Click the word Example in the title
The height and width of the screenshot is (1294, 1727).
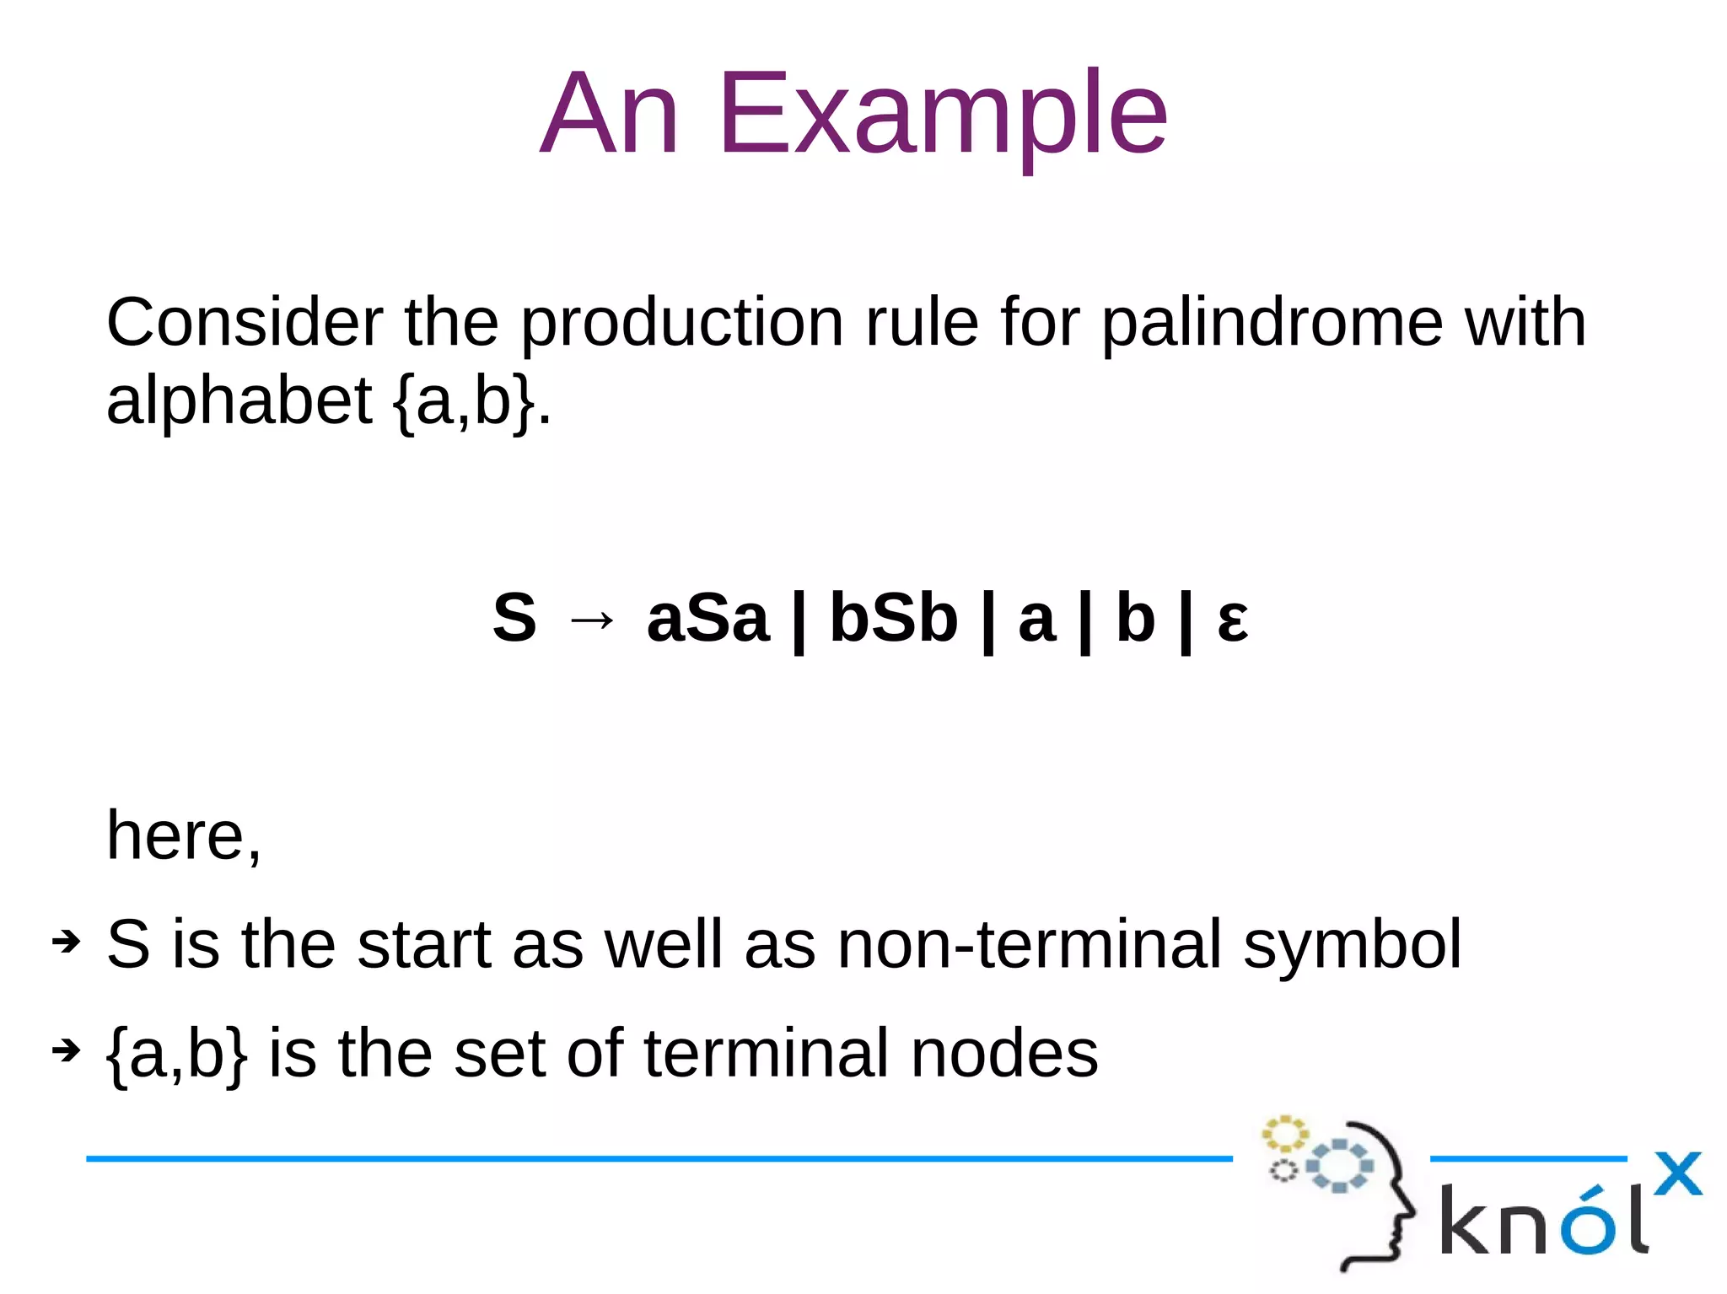(942, 114)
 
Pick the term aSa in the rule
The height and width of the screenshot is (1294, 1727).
(707, 618)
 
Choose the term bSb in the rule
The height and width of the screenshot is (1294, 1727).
(893, 618)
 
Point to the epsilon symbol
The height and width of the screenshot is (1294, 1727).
(1232, 621)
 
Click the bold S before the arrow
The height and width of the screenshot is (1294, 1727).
(514, 618)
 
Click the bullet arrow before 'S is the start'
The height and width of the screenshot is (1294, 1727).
(66, 941)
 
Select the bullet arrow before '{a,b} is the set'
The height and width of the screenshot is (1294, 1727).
(66, 1050)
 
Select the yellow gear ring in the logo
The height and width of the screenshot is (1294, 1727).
(1284, 1134)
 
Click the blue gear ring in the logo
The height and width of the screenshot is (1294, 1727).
(1339, 1166)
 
